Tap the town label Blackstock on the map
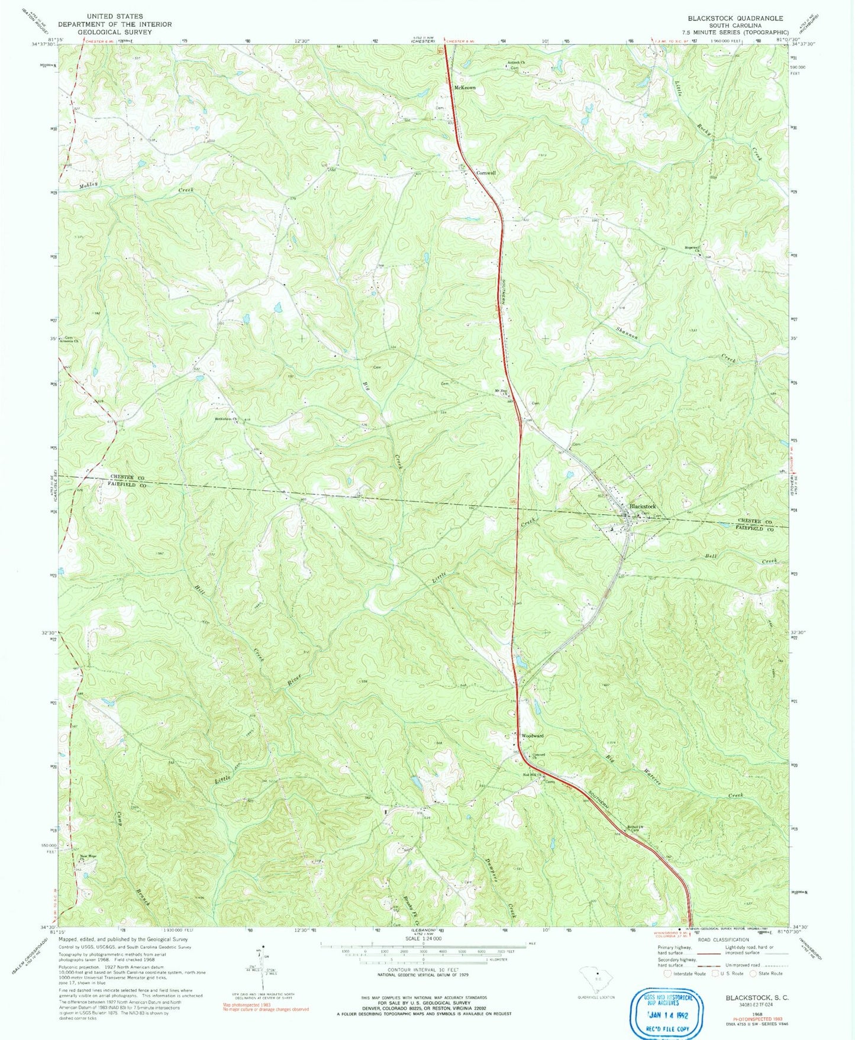point(643,507)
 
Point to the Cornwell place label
point(486,173)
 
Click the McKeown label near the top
point(464,88)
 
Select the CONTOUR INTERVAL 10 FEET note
point(421,970)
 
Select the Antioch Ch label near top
point(517,63)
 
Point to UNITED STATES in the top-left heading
point(115,17)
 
